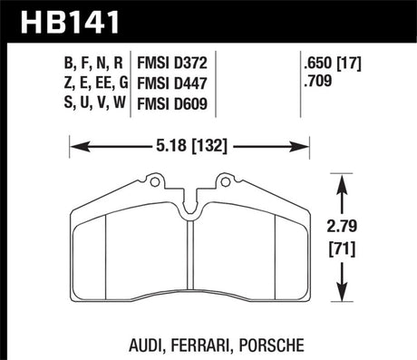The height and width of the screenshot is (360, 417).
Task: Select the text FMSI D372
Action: pos(175,65)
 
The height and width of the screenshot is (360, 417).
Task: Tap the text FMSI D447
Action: pos(175,83)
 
